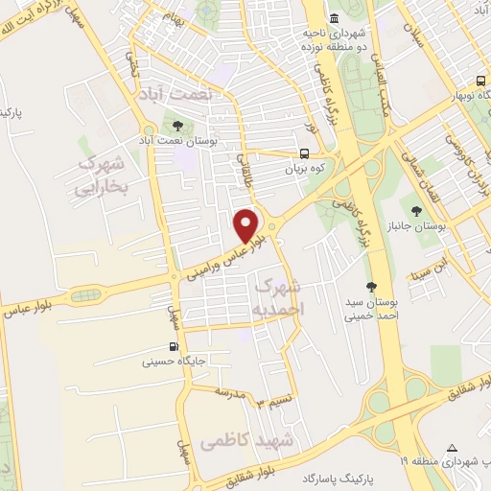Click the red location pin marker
(x=246, y=225)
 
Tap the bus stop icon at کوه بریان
(x=304, y=153)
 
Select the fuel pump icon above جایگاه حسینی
(x=173, y=347)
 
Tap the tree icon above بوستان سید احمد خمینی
(x=371, y=285)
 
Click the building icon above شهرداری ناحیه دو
(x=333, y=18)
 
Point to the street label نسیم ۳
(x=272, y=404)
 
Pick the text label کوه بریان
(x=306, y=170)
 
